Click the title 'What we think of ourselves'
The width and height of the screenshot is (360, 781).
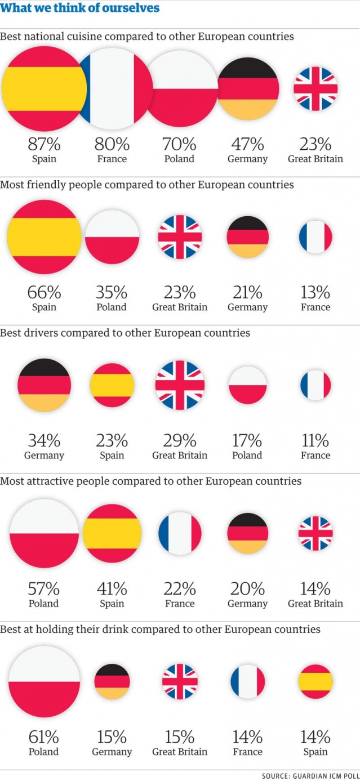pyautogui.click(x=80, y=8)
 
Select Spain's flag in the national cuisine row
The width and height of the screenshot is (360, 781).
pyautogui.click(x=44, y=89)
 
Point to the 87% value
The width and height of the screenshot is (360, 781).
pyautogui.click(x=44, y=145)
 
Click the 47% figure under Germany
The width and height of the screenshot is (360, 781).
pyautogui.click(x=247, y=145)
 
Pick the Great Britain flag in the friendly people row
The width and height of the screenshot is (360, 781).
pyautogui.click(x=180, y=236)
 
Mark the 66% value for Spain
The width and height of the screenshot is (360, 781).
pyautogui.click(x=44, y=293)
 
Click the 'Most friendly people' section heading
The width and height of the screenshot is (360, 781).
pyautogui.click(x=147, y=185)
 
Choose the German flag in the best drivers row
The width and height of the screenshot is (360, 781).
pyautogui.click(x=44, y=385)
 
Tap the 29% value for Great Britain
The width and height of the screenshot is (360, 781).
pyautogui.click(x=180, y=441)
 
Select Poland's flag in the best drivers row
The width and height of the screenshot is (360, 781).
pyautogui.click(x=247, y=385)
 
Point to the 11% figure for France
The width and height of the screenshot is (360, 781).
pyautogui.click(x=315, y=441)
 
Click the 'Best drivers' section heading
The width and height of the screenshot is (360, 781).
pyautogui.click(x=125, y=333)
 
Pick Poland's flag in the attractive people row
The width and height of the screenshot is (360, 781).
pyautogui.click(x=44, y=533)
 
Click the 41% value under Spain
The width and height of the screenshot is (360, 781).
pyautogui.click(x=112, y=589)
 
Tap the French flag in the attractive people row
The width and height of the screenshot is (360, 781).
pyautogui.click(x=180, y=533)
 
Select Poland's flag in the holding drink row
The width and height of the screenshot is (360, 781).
pyautogui.click(x=44, y=681)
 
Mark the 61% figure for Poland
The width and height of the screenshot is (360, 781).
pyautogui.click(x=44, y=737)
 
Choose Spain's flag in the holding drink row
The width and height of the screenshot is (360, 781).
pyautogui.click(x=315, y=681)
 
